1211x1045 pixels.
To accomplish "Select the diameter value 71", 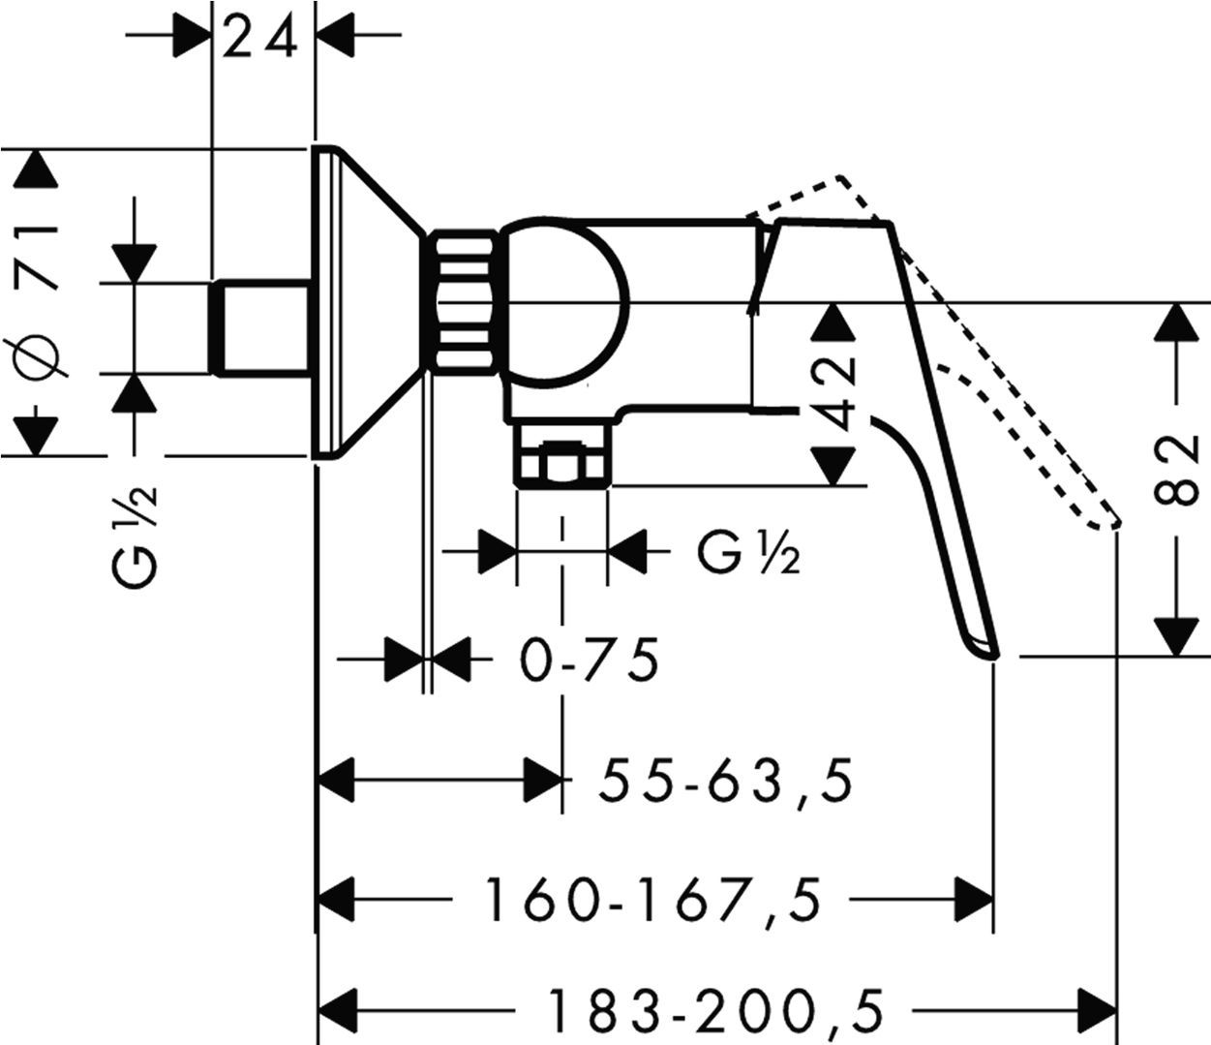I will tap(40, 256).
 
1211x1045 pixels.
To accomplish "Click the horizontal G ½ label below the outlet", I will tap(748, 556).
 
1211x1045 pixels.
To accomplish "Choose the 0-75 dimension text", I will tap(590, 661).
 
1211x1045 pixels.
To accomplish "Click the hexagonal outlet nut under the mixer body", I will tap(561, 463).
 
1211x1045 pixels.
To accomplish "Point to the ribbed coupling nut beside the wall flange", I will tap(467, 302).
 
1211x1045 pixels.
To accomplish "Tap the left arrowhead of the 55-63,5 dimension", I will tap(340, 781).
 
